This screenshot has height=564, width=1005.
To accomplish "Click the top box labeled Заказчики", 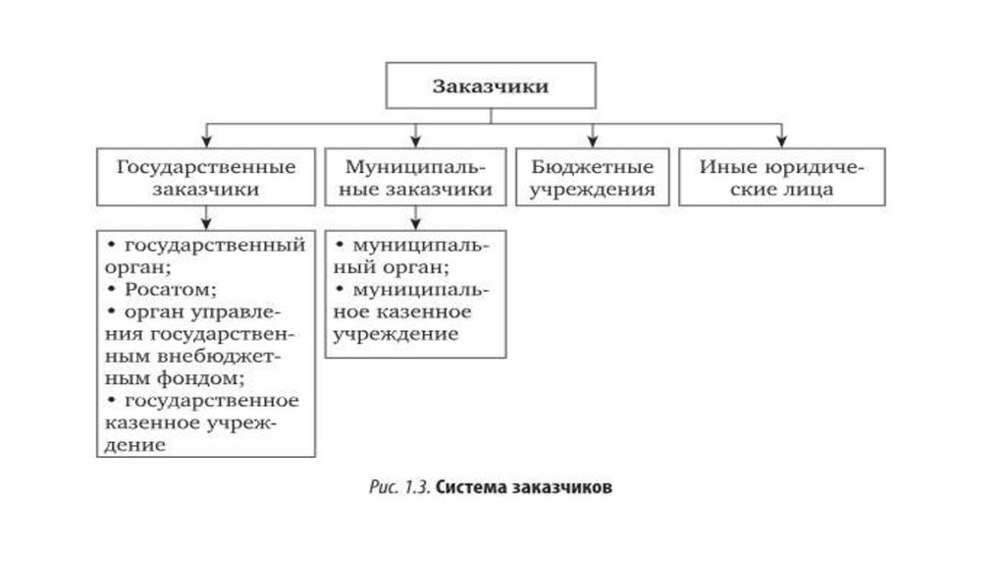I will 491,85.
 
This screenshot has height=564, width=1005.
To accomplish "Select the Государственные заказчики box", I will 206,177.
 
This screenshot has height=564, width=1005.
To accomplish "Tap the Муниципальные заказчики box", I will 416,177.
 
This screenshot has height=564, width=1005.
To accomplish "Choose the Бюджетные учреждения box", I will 592,177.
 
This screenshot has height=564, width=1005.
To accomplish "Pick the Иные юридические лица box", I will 781,177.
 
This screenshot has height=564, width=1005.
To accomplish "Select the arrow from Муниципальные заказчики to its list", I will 416,217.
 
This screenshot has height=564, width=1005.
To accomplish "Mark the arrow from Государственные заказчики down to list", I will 206,217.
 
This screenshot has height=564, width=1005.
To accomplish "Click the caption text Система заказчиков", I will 527,488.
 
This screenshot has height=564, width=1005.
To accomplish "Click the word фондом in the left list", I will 202,377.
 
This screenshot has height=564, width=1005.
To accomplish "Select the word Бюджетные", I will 592,166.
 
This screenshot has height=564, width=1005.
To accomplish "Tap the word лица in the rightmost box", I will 809,189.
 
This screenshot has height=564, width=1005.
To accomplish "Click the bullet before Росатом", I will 115,290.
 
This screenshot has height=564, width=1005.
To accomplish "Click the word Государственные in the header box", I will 206,166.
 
